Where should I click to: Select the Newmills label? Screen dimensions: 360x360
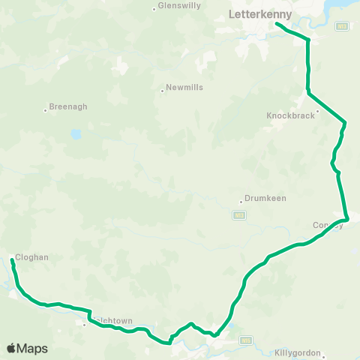[183, 88]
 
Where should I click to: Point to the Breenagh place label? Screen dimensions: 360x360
[68, 106]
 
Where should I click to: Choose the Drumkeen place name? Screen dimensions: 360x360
[265, 199]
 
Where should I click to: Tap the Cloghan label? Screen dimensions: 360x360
[32, 256]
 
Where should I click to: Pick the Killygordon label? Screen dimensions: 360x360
[298, 352]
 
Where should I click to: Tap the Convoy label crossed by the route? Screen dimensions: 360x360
[328, 225]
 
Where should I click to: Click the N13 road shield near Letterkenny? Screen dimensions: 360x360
[342, 26]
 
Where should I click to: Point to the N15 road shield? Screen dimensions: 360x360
[245, 340]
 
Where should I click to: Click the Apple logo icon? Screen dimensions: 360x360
[11, 349]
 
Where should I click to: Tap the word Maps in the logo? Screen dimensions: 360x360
[32, 349]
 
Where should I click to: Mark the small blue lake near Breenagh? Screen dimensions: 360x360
[75, 135]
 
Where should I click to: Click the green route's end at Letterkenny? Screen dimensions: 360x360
[277, 24]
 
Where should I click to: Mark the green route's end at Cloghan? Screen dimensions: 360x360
[12, 259]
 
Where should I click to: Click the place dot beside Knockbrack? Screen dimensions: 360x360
[317, 112]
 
